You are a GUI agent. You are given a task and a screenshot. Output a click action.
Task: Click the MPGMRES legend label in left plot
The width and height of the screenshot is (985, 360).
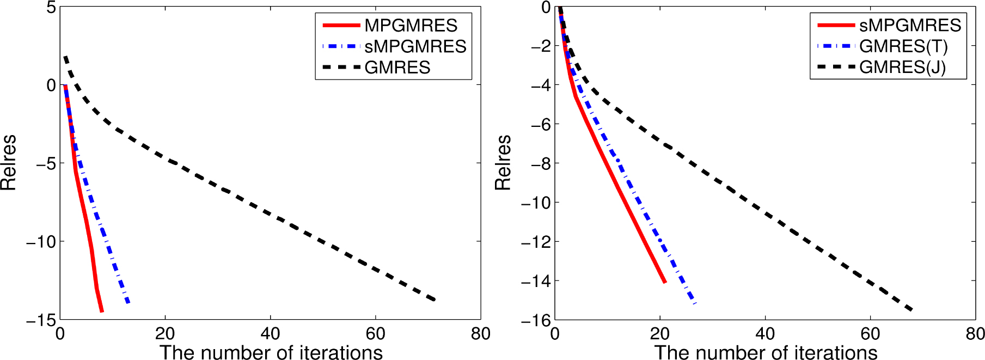coord(411,26)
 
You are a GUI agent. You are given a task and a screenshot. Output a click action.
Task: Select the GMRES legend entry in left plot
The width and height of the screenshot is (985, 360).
coord(397,68)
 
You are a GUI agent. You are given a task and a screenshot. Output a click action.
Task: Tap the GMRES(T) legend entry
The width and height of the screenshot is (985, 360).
coord(903,47)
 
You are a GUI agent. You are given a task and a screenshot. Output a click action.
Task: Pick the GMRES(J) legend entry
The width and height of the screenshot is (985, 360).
coord(902,68)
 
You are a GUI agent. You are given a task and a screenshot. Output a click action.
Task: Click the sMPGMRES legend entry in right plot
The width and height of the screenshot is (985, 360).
coord(910,26)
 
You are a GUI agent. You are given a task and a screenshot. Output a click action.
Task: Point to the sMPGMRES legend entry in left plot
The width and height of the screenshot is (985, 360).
coord(415,47)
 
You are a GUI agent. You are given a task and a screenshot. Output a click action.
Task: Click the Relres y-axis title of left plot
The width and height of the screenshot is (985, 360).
coord(9,162)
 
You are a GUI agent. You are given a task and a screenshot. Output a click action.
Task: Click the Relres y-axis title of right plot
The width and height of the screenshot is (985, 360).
coord(503,162)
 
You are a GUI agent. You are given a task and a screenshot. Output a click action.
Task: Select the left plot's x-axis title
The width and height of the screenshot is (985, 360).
coord(271,352)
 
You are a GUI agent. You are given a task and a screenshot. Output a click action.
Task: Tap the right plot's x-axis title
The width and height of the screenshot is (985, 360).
coord(766,352)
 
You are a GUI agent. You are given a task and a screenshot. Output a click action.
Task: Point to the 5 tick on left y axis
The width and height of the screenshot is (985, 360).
coord(51,8)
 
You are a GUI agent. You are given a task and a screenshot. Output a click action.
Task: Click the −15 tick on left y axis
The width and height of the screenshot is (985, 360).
coord(41,320)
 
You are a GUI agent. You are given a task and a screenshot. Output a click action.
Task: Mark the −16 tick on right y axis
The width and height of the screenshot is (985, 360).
coord(536,320)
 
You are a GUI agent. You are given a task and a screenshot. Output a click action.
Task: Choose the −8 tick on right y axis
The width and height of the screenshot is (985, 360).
coord(540,163)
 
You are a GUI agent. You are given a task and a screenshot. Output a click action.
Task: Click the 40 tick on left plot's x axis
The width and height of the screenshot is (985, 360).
coord(270,333)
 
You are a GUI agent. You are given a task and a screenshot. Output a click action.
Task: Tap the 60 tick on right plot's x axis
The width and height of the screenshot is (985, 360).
coord(870,333)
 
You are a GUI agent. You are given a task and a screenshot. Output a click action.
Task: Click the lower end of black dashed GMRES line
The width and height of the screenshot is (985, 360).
coord(435,300)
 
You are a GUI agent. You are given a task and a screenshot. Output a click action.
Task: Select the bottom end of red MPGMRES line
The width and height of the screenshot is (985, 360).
coord(102,311)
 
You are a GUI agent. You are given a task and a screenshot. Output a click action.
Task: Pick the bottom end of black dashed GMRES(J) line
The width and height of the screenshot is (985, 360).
coord(911,310)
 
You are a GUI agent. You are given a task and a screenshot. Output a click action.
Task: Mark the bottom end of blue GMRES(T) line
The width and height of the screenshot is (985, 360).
coord(695,303)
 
